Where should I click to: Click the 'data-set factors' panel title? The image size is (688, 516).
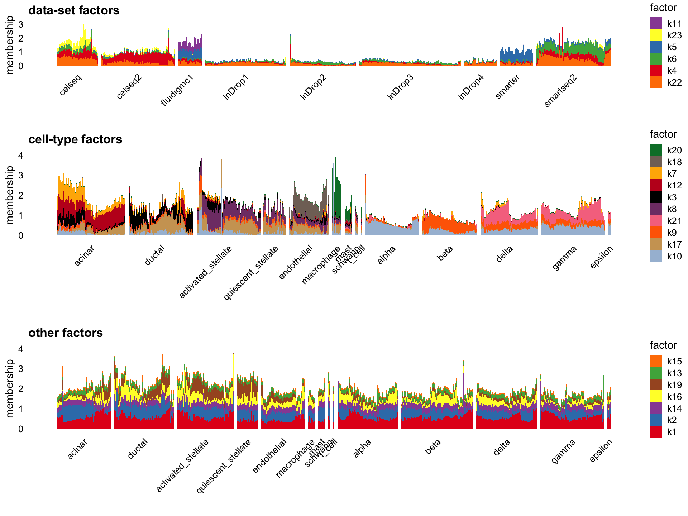coord(73,10)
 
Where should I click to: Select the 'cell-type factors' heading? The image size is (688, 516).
coord(75,139)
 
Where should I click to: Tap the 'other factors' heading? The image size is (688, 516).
coord(66,333)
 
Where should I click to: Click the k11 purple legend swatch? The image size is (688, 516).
coord(656,24)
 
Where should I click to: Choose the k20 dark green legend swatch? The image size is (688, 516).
coord(656,150)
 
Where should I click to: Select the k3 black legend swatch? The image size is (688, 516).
coord(656,197)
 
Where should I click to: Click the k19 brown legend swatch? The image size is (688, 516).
coord(656,385)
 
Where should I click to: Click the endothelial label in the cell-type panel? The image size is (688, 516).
coord(296,262)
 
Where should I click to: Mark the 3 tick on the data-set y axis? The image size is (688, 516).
coord(21,24)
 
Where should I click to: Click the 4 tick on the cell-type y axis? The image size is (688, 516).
coord(21,156)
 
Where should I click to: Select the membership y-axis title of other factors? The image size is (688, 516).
coord(10,389)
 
